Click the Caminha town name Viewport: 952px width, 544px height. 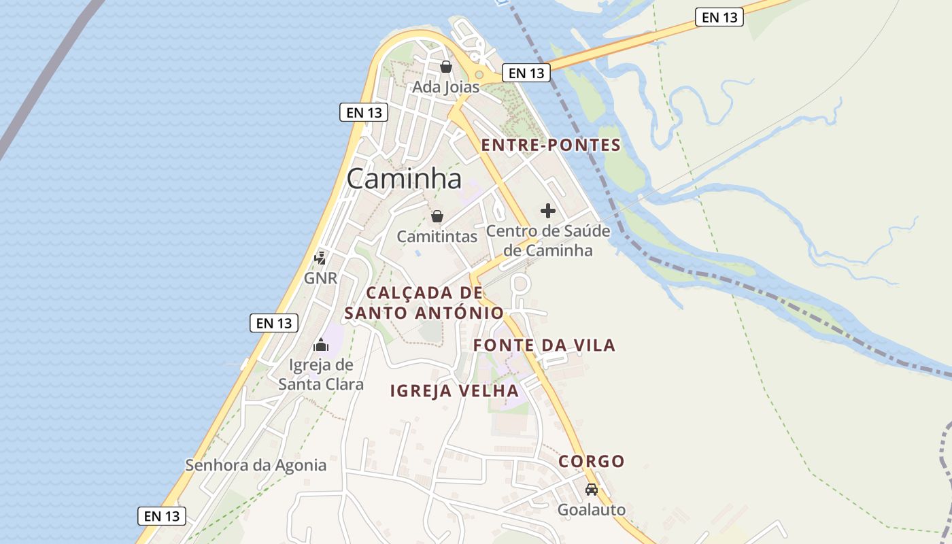pyautogui.click(x=404, y=179)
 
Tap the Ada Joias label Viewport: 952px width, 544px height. pyautogui.click(x=446, y=87)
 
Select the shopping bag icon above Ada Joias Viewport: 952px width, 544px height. pyautogui.click(x=446, y=67)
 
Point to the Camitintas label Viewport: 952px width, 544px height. pyautogui.click(x=437, y=237)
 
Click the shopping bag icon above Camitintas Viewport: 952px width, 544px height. pyautogui.click(x=437, y=216)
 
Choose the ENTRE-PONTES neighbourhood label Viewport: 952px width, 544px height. pyautogui.click(x=551, y=145)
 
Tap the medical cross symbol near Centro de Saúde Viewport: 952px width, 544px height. pyautogui.click(x=548, y=211)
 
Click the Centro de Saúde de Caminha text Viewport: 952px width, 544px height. pyautogui.click(x=548, y=241)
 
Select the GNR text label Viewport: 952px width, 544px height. pyautogui.click(x=320, y=278)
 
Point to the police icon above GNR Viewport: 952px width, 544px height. pyautogui.click(x=320, y=258)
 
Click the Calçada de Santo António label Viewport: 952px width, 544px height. pyautogui.click(x=424, y=303)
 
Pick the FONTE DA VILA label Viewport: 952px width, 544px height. pyautogui.click(x=544, y=345)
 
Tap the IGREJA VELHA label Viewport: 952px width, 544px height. pyautogui.click(x=454, y=391)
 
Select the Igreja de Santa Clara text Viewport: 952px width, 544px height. pyautogui.click(x=321, y=375)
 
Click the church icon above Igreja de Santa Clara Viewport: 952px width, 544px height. pyautogui.click(x=321, y=345)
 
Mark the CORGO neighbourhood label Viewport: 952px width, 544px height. pyautogui.click(x=592, y=462)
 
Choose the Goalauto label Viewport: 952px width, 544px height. pyautogui.click(x=592, y=509)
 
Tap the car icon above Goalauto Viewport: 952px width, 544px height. pyautogui.click(x=592, y=489)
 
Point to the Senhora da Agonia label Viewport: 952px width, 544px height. pyautogui.click(x=256, y=466)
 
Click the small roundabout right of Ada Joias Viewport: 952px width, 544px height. pyautogui.click(x=479, y=74)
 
